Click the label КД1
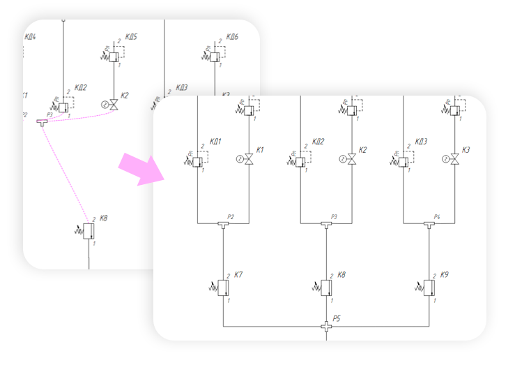coord(215,142)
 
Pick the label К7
coord(239,274)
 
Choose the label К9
coord(444,275)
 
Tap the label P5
coord(337,318)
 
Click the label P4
coord(437,216)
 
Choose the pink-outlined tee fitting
coord(43,121)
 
